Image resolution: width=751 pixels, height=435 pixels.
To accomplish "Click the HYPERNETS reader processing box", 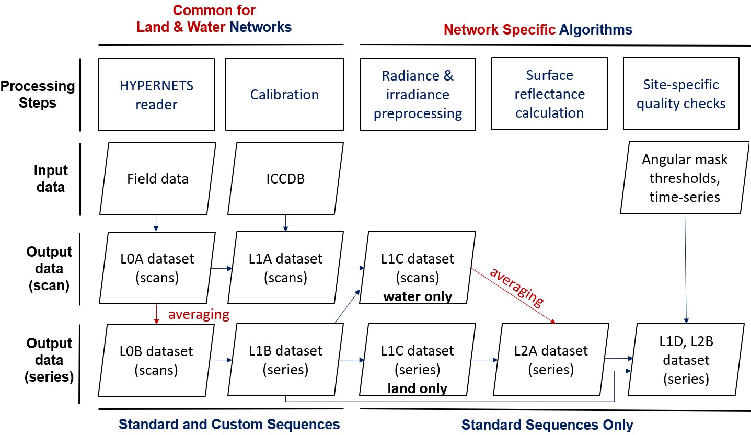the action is pyautogui.click(x=157, y=95).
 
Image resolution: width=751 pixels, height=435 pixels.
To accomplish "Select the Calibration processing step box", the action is pyautogui.click(x=285, y=94).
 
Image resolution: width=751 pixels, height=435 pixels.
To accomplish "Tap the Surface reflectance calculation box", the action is pyautogui.click(x=549, y=94).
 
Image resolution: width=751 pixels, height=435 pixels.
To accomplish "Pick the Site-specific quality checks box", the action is pyautogui.click(x=681, y=93).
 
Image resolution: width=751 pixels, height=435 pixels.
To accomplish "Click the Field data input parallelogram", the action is pyautogui.click(x=158, y=178).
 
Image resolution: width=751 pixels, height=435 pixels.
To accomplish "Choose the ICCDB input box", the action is pyautogui.click(x=286, y=178).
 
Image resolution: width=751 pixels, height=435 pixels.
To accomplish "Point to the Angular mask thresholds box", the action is pyautogui.click(x=685, y=178).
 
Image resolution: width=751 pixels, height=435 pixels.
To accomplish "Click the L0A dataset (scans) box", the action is pyautogui.click(x=157, y=268).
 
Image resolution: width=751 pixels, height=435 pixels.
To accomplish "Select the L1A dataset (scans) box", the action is pyautogui.click(x=286, y=268).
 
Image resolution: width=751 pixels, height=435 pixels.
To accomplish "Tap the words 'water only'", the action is pyautogui.click(x=418, y=296).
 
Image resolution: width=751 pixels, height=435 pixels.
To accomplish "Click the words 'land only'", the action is pyautogui.click(x=418, y=388).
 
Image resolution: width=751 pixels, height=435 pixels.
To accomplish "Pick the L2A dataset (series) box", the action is pyautogui.click(x=551, y=360).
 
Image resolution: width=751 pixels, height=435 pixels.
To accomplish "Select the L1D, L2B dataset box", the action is pyautogui.click(x=686, y=360).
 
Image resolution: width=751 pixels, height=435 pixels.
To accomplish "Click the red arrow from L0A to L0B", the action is pyautogui.click(x=156, y=314).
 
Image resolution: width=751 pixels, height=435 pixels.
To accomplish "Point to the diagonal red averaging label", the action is pyautogui.click(x=517, y=288).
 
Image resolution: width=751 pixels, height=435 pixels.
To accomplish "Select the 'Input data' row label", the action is pyautogui.click(x=51, y=178).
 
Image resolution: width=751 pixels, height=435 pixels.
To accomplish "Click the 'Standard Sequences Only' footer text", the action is pyautogui.click(x=547, y=425).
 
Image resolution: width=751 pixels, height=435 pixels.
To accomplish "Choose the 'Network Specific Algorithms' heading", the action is pyautogui.click(x=538, y=29).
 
